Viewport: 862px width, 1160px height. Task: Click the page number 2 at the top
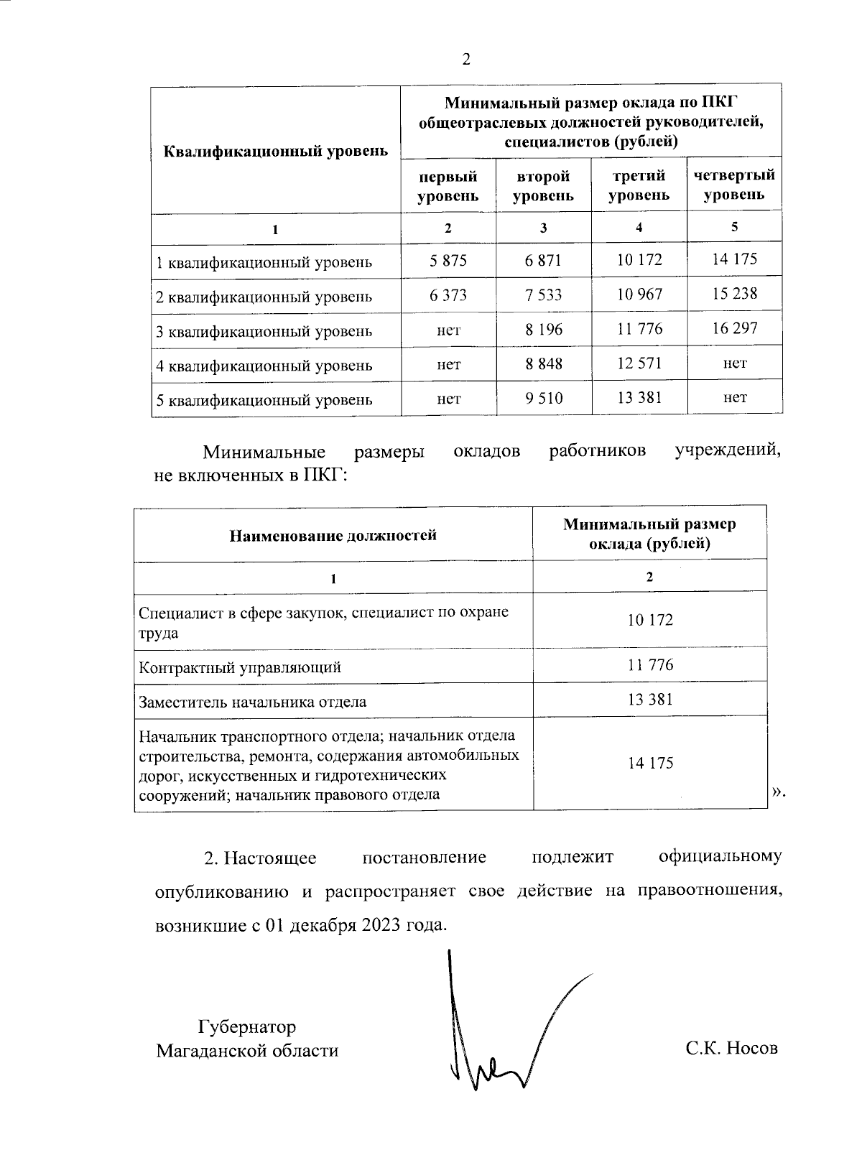pos(465,60)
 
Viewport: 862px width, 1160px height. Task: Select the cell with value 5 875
pos(448,260)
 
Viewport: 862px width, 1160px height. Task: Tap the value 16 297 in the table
pos(734,328)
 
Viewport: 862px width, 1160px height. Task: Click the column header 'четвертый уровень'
pos(734,185)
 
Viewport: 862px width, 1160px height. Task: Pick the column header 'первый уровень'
pos(448,185)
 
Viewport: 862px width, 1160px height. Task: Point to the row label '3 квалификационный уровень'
pos(264,331)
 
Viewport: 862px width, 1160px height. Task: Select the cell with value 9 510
pos(544,397)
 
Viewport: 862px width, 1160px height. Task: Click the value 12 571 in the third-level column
pos(639,363)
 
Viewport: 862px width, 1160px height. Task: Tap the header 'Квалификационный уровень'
pos(277,152)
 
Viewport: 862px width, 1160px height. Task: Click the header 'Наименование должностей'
pos(333,534)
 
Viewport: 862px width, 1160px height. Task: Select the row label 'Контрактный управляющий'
pos(240,667)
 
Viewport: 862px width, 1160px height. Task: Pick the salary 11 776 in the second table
pos(650,664)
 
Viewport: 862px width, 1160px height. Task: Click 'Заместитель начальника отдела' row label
pos(252,702)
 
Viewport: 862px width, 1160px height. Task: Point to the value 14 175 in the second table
pos(650,763)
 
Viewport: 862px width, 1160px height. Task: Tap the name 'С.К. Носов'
pos(731,1049)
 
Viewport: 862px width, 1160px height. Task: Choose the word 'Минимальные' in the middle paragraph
pos(264,452)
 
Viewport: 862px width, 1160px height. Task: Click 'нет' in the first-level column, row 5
pos(448,398)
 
